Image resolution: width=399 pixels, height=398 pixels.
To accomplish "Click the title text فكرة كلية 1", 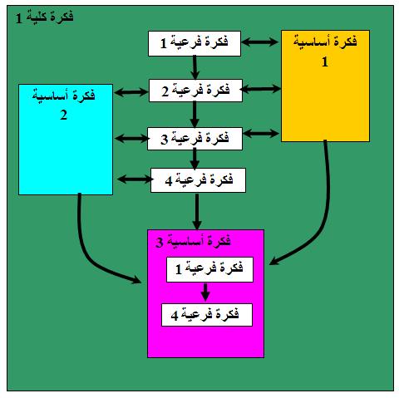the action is pyautogui.click(x=45, y=17).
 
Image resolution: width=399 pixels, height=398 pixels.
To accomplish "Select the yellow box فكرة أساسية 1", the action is pyautogui.click(x=325, y=86).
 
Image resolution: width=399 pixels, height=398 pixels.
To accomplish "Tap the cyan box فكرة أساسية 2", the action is pyautogui.click(x=66, y=140).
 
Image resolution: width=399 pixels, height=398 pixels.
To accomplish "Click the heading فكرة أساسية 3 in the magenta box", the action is pyautogui.click(x=193, y=242).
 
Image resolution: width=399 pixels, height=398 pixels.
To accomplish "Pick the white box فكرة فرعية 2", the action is pyautogui.click(x=195, y=91).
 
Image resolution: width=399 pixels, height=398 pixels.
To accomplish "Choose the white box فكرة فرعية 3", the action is pyautogui.click(x=195, y=139).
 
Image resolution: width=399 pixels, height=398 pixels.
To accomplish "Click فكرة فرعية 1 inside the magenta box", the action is pyautogui.click(x=209, y=269).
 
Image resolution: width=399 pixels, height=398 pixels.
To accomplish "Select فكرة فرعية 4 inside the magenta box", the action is pyautogui.click(x=207, y=315).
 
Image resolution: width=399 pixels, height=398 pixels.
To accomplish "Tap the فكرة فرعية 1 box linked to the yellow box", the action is pyautogui.click(x=195, y=43).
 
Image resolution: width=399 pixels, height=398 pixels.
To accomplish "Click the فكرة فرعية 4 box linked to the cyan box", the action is pyautogui.click(x=198, y=180).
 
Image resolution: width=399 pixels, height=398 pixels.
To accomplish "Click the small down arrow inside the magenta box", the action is pyautogui.click(x=205, y=292).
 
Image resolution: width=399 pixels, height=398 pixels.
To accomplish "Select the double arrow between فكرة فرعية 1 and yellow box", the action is pyautogui.click(x=260, y=42).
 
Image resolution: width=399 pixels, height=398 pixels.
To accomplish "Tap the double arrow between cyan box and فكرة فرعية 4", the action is pyautogui.click(x=135, y=179).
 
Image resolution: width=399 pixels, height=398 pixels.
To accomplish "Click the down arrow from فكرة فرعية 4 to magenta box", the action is pyautogui.click(x=197, y=211).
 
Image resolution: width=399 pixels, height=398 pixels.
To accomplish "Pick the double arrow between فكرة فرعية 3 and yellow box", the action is pyautogui.click(x=261, y=133).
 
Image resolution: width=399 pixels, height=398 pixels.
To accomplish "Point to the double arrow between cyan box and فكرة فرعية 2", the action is pyautogui.click(x=131, y=92).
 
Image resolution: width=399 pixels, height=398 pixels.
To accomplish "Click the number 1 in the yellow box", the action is pyautogui.click(x=325, y=61).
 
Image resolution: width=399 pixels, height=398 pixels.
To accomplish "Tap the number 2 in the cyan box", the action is pyautogui.click(x=63, y=115).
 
